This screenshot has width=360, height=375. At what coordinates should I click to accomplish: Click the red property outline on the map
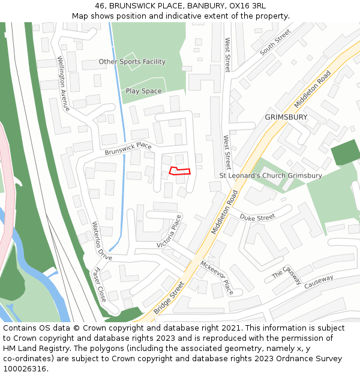point(180,170)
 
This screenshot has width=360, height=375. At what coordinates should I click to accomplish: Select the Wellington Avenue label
point(63,83)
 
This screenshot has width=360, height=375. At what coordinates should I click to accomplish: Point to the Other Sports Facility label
point(132,62)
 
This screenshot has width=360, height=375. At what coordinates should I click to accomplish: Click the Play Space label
point(143,91)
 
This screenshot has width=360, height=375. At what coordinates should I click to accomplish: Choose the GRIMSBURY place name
point(286,117)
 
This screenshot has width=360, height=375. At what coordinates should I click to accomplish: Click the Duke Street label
point(257,217)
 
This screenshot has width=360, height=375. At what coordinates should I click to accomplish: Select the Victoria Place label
point(169,232)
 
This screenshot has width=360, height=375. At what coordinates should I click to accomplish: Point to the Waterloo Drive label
point(101,241)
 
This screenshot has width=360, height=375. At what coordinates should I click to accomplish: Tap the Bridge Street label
point(169,298)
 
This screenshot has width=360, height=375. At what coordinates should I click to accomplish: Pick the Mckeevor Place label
point(217,278)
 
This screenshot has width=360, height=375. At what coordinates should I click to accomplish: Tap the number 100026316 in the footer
point(25,369)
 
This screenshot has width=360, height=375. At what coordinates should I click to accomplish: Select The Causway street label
point(287,275)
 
